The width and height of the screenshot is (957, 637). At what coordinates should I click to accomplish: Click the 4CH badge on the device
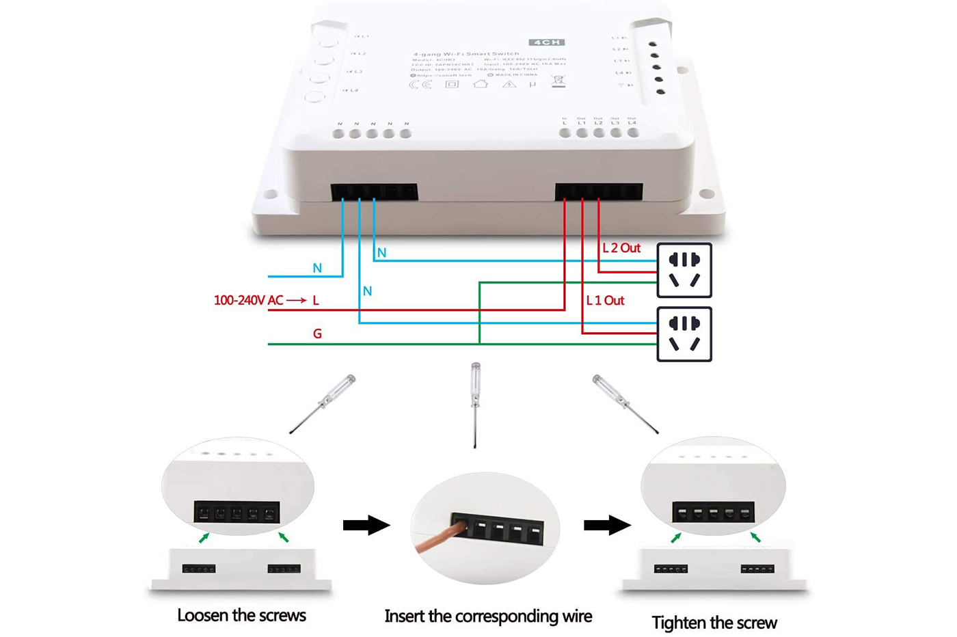(546, 42)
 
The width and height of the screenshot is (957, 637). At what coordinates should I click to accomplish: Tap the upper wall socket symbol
(684, 270)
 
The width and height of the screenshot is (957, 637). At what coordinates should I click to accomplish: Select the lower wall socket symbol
(684, 334)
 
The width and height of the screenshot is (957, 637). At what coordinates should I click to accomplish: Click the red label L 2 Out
(621, 248)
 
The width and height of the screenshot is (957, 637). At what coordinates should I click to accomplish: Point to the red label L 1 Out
(605, 300)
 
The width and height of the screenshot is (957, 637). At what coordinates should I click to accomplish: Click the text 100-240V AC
(248, 300)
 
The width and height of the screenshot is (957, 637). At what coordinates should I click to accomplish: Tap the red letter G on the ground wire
(317, 334)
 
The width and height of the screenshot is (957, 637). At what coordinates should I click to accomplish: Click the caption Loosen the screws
(241, 615)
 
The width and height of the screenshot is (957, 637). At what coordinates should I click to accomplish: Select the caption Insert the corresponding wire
(488, 616)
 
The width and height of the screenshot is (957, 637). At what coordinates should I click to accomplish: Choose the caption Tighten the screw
(714, 623)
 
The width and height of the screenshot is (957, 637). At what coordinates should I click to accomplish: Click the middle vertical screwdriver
(476, 403)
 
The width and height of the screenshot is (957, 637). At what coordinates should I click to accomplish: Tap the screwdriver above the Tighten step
(625, 403)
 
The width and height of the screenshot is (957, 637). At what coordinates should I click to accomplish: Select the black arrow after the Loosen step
(366, 525)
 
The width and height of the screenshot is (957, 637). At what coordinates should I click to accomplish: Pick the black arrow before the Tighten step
(607, 525)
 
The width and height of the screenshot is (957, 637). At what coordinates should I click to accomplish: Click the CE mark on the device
(420, 85)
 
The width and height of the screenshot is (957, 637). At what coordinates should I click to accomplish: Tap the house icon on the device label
(480, 83)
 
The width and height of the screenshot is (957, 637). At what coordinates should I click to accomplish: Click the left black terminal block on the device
(375, 191)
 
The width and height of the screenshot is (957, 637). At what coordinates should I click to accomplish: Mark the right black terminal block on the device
(599, 191)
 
